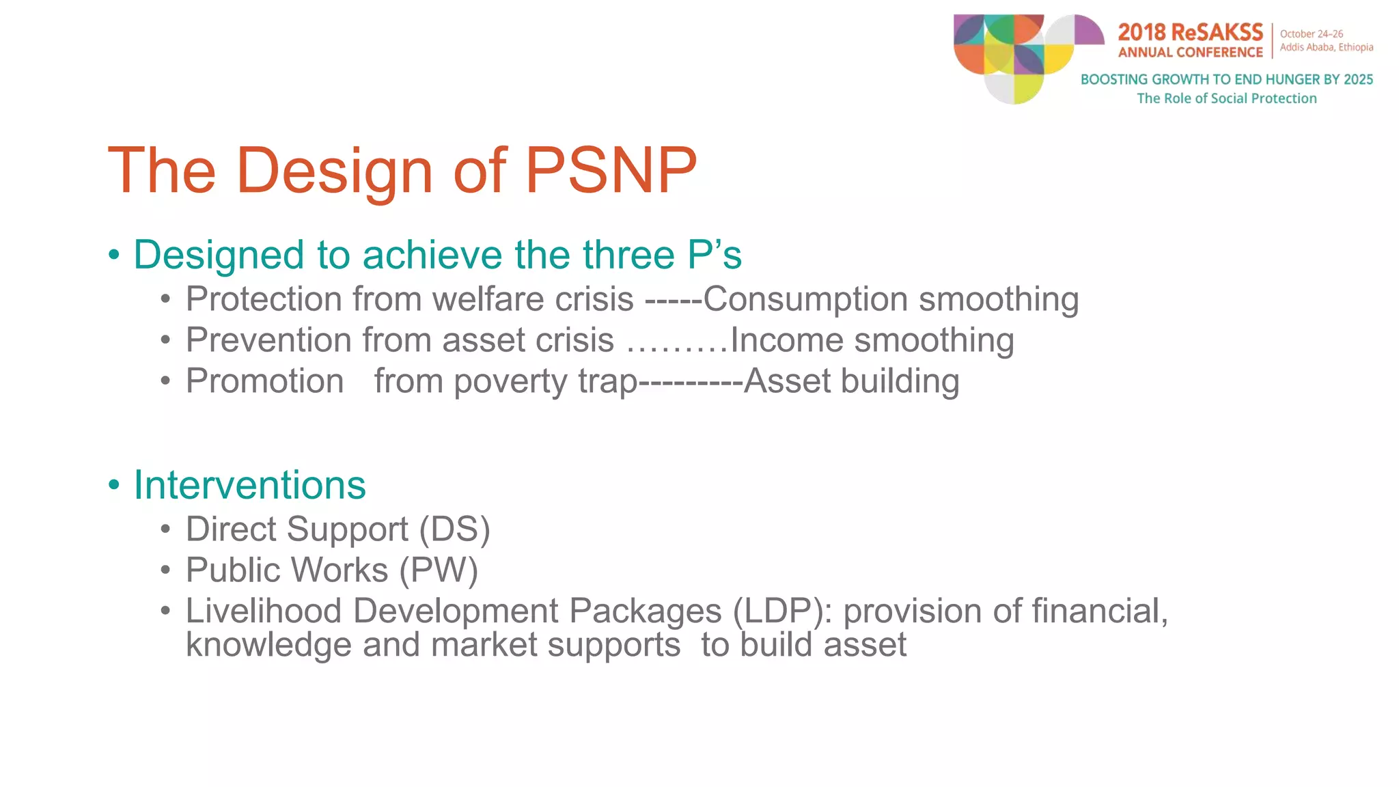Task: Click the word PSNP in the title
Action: tap(611, 170)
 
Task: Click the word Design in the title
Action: tap(335, 170)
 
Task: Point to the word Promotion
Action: tap(265, 381)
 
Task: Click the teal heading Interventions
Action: tap(250, 485)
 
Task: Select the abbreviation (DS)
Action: tap(455, 530)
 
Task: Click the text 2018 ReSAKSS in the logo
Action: tap(1191, 32)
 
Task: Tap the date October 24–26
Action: tap(1312, 33)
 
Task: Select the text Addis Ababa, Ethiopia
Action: tap(1327, 47)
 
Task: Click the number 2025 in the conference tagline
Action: tap(1358, 79)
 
